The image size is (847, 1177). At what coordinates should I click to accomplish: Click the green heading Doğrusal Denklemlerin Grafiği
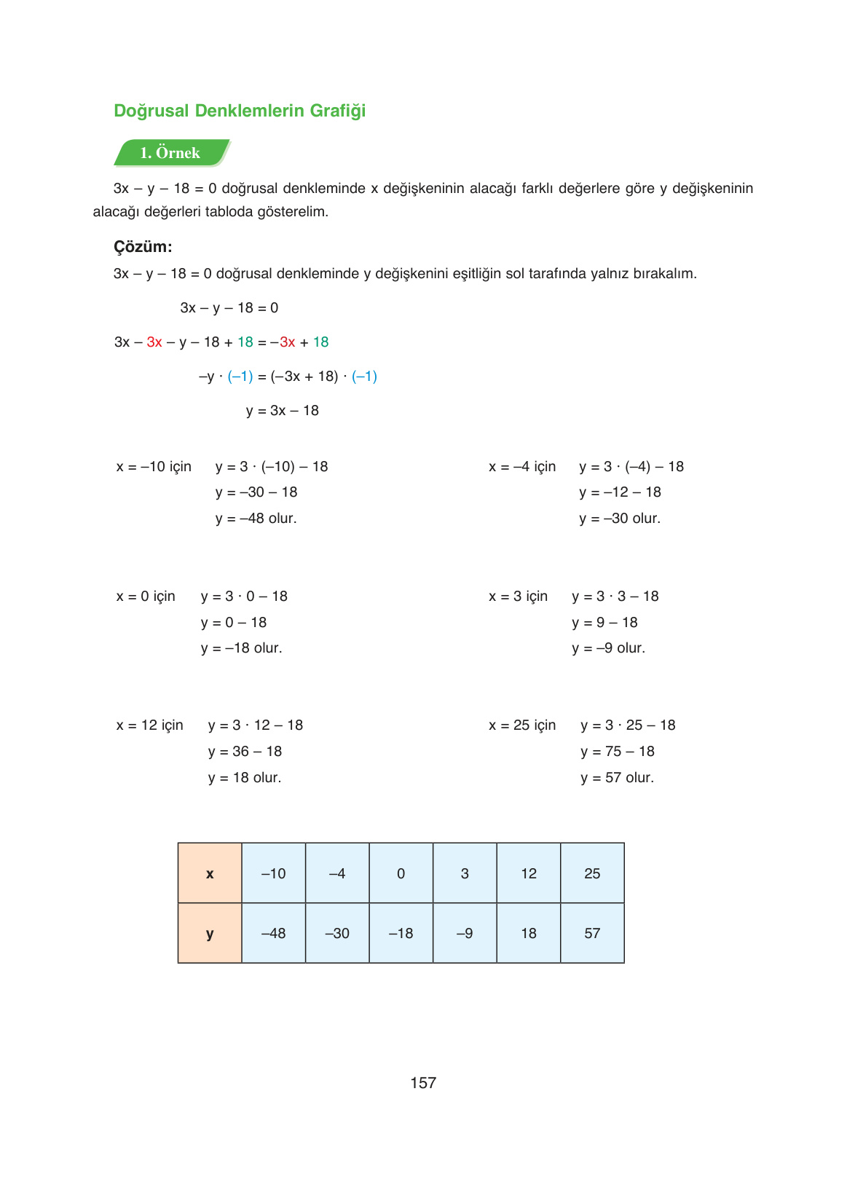click(x=240, y=111)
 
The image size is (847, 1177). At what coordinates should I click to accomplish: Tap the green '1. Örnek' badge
click(x=170, y=153)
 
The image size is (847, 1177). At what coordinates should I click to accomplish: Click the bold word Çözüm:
click(x=143, y=247)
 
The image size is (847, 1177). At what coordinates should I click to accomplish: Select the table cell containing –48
click(x=273, y=933)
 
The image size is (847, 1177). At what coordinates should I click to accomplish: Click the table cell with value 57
click(x=592, y=933)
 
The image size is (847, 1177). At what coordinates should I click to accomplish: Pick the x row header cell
click(x=210, y=873)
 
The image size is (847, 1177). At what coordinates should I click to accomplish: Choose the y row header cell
click(x=210, y=933)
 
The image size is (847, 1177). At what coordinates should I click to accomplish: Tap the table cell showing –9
click(x=465, y=933)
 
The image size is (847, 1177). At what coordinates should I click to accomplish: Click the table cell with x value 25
click(x=592, y=873)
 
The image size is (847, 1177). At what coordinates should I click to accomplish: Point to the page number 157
click(x=423, y=1083)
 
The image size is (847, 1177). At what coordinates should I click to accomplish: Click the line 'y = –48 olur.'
click(x=256, y=519)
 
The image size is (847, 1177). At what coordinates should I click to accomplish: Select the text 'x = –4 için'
click(x=522, y=467)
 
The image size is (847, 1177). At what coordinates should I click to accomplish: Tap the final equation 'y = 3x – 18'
click(x=283, y=411)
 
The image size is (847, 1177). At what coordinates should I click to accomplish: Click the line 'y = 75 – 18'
click(x=617, y=752)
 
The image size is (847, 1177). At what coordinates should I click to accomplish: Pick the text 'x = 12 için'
click(x=150, y=725)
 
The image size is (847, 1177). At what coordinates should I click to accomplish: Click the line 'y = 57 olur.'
click(x=617, y=778)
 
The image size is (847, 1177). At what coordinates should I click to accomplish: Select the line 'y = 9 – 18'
click(x=604, y=623)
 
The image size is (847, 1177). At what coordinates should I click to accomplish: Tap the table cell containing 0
click(x=401, y=873)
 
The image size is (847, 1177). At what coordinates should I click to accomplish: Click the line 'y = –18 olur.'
click(x=241, y=648)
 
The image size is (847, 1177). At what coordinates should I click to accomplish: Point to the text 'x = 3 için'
click(x=518, y=597)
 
